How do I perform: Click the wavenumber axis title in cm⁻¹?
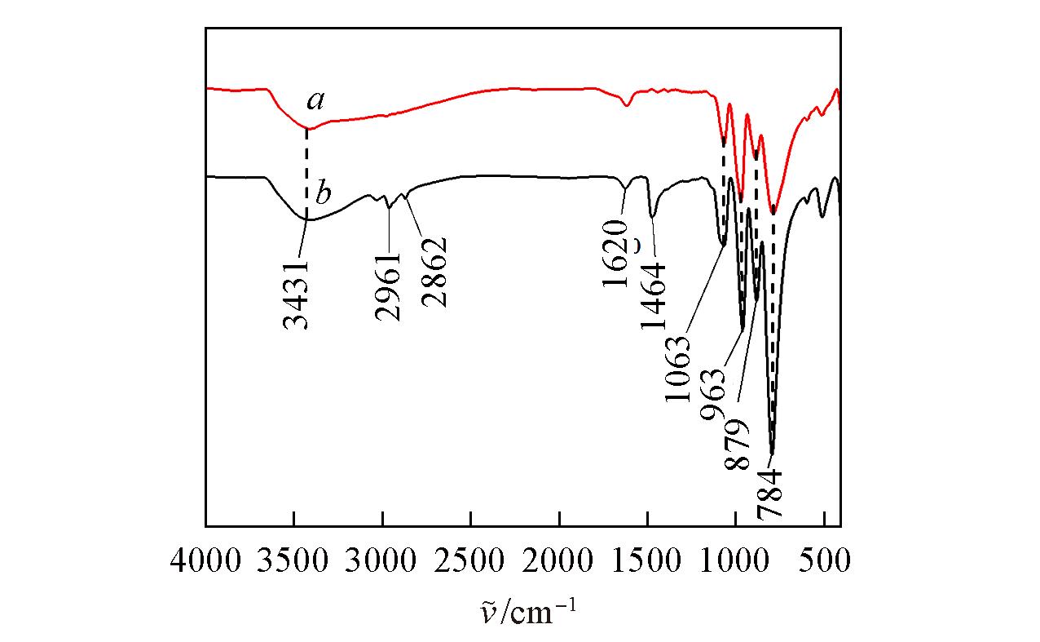click(x=522, y=608)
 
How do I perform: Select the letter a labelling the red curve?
click(x=315, y=101)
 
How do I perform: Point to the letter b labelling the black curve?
click(x=323, y=195)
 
